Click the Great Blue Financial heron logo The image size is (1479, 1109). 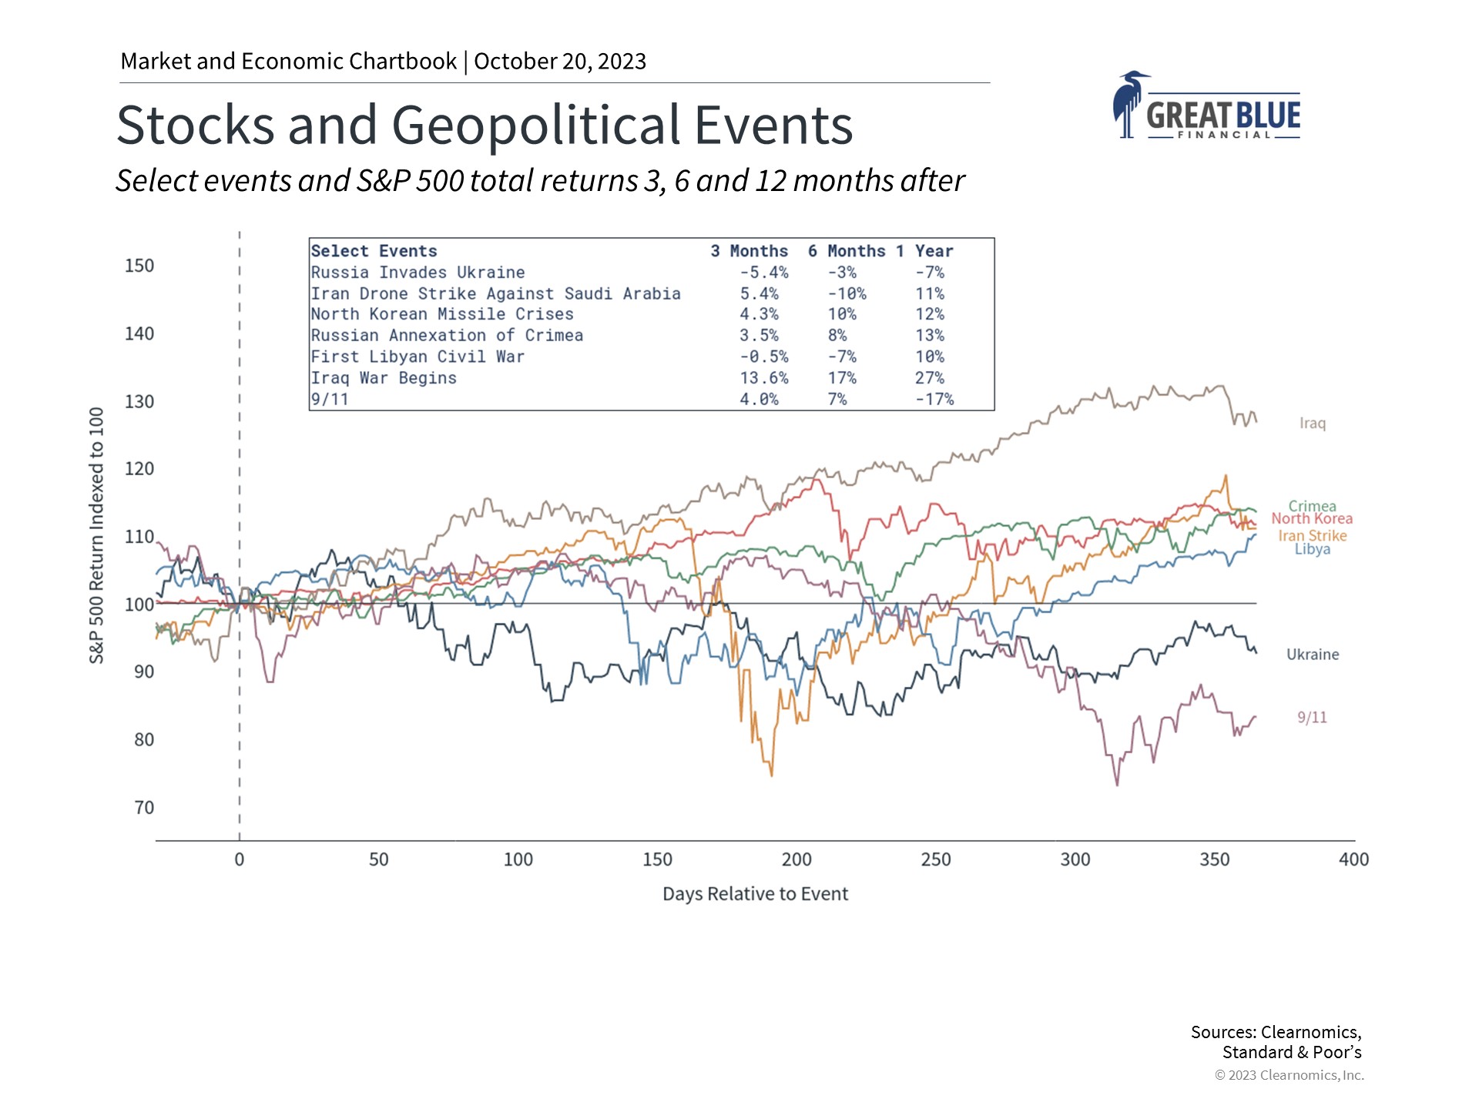[1206, 106]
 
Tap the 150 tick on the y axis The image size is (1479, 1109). [139, 266]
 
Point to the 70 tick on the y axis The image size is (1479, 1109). [144, 808]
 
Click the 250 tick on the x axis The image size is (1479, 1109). [936, 859]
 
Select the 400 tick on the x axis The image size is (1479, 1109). [1353, 859]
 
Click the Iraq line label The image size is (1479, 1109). [1312, 424]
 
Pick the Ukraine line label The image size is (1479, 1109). [1312, 655]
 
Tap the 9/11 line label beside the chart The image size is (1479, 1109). [1312, 718]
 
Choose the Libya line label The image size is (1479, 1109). [1312, 549]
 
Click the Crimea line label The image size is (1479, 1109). [1312, 506]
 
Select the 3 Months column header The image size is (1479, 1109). [749, 251]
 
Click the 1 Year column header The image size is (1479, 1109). [924, 251]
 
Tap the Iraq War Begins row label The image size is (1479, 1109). [384, 378]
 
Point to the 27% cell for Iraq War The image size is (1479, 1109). [930, 378]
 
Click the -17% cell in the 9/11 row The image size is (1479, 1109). [934, 400]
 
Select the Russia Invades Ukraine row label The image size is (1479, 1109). [418, 273]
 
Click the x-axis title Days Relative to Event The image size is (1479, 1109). [755, 894]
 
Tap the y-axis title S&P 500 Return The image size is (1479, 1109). [96, 535]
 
